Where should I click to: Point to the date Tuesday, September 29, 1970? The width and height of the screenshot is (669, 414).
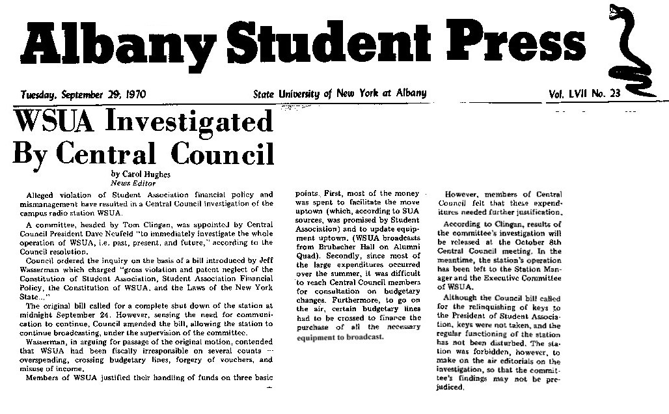click(83, 94)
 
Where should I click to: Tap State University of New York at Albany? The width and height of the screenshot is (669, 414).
click(340, 94)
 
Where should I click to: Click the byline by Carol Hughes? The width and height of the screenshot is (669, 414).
click(141, 174)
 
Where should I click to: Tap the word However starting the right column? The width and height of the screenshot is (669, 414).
click(466, 195)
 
